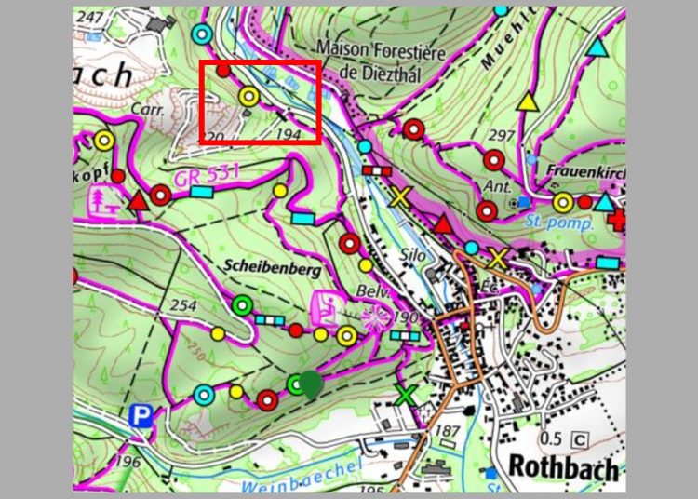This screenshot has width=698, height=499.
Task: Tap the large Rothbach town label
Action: (x=563, y=466)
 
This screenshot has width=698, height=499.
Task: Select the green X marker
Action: (x=404, y=395)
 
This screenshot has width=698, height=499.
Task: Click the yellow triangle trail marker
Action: (x=528, y=102)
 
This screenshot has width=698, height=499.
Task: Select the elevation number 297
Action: (x=502, y=137)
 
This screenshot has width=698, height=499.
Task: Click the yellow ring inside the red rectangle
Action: (x=248, y=95)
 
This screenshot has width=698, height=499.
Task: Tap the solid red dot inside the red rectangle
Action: (x=223, y=70)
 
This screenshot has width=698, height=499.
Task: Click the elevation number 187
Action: (x=449, y=430)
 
